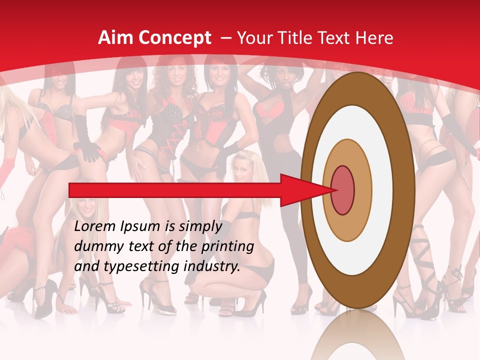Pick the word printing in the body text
pos(227,247)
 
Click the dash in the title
pos(225,38)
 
